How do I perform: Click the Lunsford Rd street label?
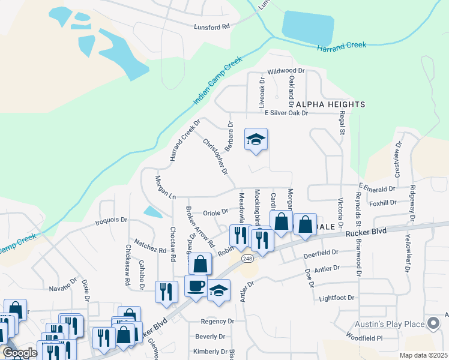pos(212,27)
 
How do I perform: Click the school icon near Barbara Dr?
pos(256,140)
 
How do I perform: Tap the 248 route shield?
pos(247,258)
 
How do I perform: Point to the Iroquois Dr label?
pos(112,220)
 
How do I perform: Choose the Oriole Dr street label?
pos(216,211)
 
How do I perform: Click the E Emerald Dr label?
pos(378,187)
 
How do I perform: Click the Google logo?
pos(20,353)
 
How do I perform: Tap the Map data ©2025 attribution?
pos(423,355)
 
